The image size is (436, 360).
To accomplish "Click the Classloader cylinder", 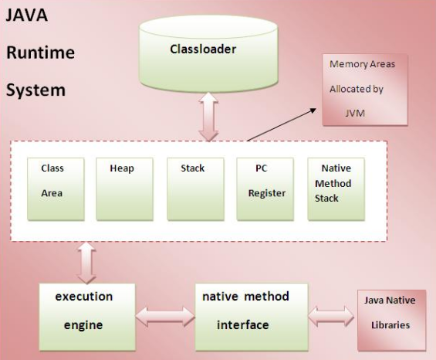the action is pos(208,53).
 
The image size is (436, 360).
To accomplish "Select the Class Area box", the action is pos(56,189).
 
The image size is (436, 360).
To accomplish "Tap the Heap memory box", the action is pos(124,189).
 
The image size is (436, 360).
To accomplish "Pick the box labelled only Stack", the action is pos(195,189).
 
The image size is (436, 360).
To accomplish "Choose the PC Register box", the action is pos(265,189).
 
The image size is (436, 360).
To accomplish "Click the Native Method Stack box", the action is pos(336,189).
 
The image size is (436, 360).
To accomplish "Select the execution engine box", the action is pos(87,317).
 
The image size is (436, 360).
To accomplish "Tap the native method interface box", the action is pos(252,317).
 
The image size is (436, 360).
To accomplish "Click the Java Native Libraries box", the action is pos(391,320).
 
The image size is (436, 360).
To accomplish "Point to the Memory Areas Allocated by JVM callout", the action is pos(365,90).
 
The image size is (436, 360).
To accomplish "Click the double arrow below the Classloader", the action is pos(208,117).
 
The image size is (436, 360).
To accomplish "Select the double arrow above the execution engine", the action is pos(86,263).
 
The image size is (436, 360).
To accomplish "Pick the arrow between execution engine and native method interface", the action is pos(165,317).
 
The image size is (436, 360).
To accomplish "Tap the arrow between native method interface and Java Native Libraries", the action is pos(331,316).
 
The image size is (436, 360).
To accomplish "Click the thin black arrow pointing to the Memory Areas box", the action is pos(282,124).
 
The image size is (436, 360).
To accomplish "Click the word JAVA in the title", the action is pos(27,15).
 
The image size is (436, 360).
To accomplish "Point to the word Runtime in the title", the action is pos(41,52).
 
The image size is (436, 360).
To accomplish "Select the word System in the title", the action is pos(35,90).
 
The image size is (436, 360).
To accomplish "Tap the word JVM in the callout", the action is pos(355,114).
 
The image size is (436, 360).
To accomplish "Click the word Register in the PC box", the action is pos(267,193).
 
